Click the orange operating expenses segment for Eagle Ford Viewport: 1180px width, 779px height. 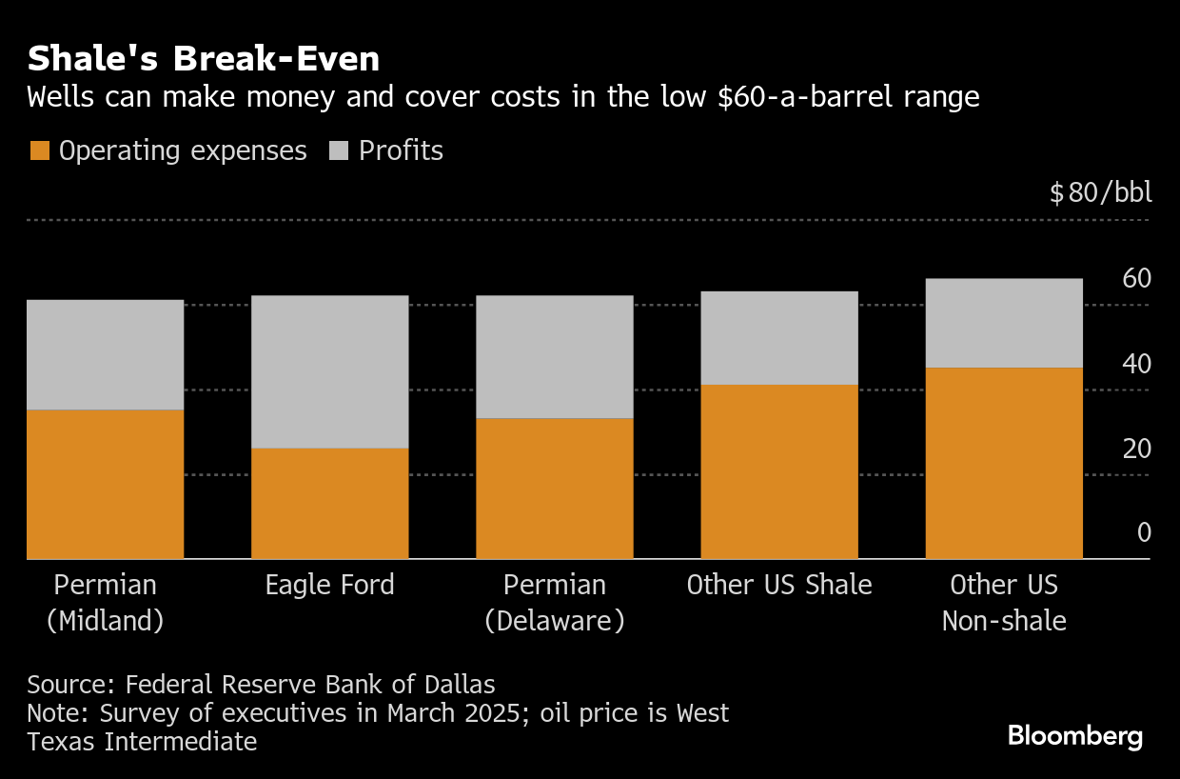tap(329, 503)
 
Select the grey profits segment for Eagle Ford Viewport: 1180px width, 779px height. tap(329, 371)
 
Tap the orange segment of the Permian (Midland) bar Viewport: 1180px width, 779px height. tap(105, 484)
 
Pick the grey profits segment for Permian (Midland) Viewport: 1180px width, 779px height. tap(105, 354)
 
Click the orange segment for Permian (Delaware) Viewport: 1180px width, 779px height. tap(554, 488)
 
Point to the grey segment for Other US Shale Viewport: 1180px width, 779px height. tap(778, 337)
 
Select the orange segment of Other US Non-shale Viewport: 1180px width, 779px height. tap(1004, 463)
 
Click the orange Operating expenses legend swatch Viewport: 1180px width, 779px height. tap(39, 150)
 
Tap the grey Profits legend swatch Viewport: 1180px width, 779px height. tap(339, 150)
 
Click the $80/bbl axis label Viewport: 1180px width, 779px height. tap(1100, 192)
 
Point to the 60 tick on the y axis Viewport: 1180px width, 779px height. tap(1136, 279)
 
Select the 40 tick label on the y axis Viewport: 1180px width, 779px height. tap(1136, 364)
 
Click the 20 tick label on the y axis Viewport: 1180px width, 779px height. tap(1136, 449)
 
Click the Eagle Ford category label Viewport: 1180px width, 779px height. tap(329, 584)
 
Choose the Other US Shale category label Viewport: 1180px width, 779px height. tap(778, 584)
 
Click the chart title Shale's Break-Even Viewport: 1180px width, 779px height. tap(204, 59)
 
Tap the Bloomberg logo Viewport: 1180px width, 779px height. tap(1075, 735)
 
